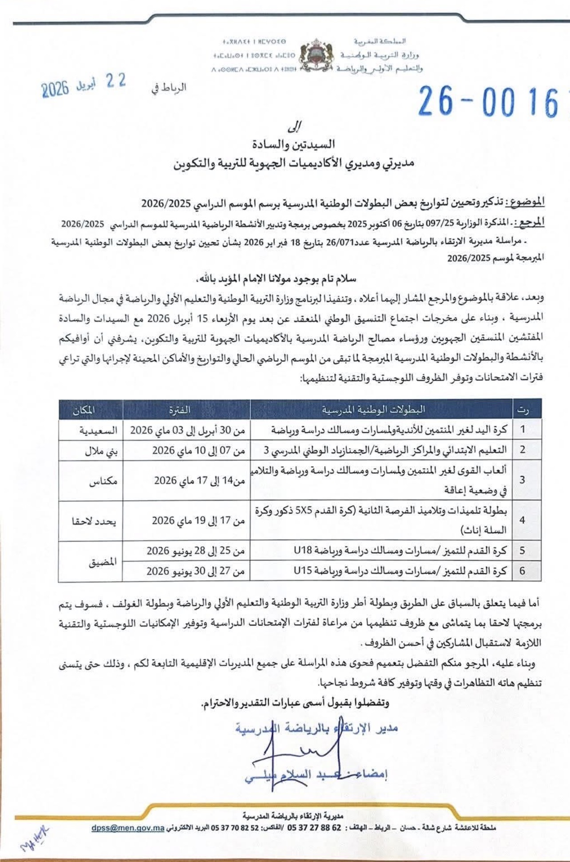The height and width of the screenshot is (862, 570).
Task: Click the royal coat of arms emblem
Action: click(x=316, y=56)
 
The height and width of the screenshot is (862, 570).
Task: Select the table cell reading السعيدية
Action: click(x=98, y=430)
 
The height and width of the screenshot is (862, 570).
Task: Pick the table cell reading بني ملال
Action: click(x=101, y=451)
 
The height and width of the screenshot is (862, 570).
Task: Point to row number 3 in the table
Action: click(x=522, y=480)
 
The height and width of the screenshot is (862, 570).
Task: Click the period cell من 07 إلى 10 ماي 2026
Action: click(x=198, y=451)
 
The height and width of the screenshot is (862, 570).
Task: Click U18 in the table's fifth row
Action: click(x=303, y=551)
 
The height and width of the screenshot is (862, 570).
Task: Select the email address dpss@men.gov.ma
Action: click(x=128, y=828)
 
